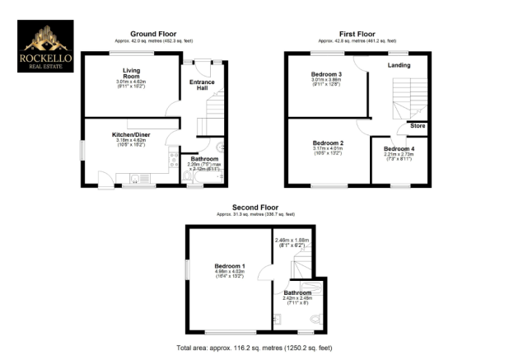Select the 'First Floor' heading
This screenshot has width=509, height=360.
[357, 34]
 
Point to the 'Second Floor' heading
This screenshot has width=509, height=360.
[254, 208]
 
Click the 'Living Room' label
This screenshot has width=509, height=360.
[128, 72]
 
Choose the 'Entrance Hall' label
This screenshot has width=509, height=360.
[203, 86]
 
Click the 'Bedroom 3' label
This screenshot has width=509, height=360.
[326, 74]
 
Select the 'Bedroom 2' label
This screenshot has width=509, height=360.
[327, 143]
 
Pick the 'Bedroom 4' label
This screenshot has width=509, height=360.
[399, 148]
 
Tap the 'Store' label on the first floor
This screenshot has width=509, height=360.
[418, 126]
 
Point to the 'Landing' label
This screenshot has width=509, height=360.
[400, 65]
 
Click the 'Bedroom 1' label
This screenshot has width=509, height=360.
[230, 266]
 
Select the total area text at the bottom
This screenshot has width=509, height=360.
[254, 348]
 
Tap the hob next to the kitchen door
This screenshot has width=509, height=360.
[171, 157]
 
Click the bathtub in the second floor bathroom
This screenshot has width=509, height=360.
[312, 288]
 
